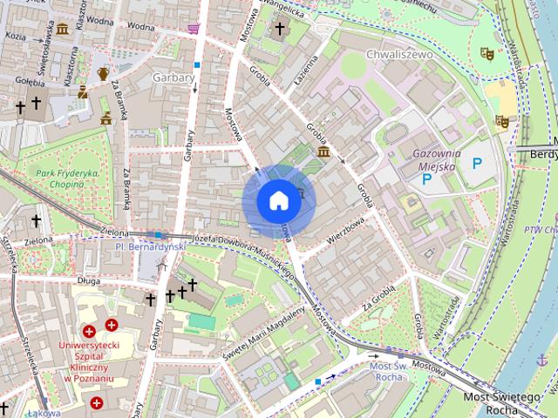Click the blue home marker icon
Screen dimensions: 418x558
pos(278,201)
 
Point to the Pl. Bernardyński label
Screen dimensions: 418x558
pos(151,247)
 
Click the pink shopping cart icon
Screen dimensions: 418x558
pos(193,28)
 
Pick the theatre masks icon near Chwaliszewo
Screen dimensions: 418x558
pos(487,54)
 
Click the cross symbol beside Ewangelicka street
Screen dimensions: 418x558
pos(279,30)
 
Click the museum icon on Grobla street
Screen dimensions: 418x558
pos(323,152)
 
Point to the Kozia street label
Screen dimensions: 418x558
pos(15,37)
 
